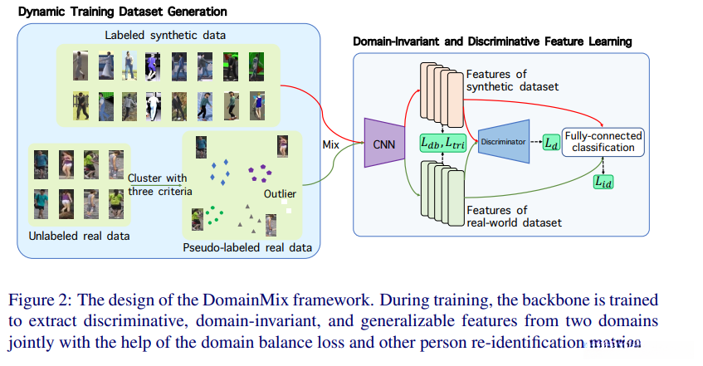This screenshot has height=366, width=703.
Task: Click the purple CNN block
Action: point(383,142)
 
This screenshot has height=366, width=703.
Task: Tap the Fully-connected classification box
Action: point(603,142)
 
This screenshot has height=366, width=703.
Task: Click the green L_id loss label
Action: point(603,180)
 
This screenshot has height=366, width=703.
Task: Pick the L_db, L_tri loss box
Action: point(444,143)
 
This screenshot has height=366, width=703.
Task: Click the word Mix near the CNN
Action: point(334,144)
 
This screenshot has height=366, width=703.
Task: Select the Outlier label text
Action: point(281,195)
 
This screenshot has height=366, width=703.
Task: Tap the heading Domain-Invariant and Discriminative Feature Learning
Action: point(491,41)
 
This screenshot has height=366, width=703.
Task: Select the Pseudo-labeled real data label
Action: point(242,246)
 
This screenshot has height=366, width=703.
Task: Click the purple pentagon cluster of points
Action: point(258,173)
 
